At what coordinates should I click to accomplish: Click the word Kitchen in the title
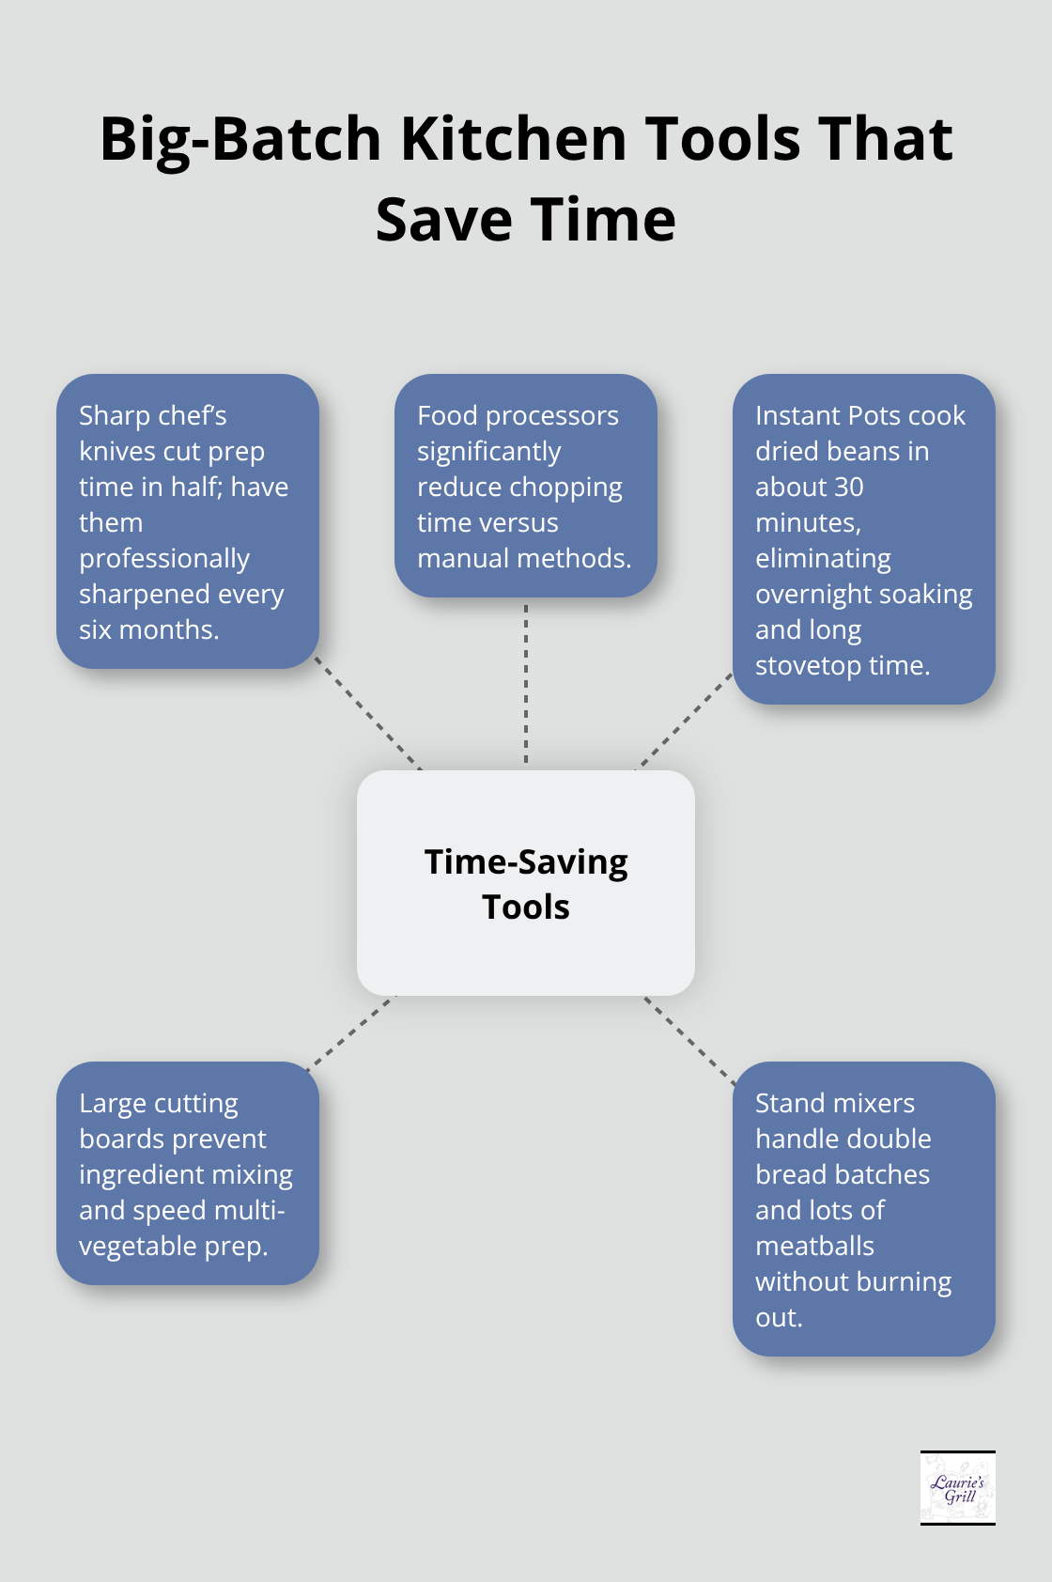514,139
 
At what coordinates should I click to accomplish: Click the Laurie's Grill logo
957,1487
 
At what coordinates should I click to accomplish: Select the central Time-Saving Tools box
526,883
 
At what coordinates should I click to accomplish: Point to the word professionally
164,559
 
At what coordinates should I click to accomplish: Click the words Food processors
518,416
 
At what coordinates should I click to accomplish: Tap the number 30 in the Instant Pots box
848,488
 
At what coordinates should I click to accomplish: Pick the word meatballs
814,1247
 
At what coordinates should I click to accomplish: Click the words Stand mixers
834,1104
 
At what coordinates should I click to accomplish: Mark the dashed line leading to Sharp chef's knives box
368,714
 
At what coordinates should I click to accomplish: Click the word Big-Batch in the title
240,139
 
